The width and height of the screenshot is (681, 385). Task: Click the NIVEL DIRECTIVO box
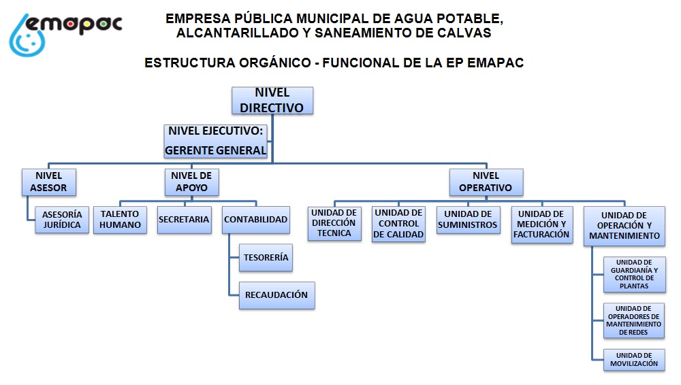pos(272,100)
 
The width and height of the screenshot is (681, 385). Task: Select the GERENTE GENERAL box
pos(217,141)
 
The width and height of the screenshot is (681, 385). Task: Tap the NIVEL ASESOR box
pos(48,181)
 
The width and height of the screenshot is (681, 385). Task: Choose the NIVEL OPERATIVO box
pos(486,181)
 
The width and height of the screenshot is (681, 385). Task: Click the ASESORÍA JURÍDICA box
pos(61,219)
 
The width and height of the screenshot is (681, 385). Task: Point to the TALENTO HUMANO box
pos(120,219)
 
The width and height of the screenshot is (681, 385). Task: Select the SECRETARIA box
pos(183,220)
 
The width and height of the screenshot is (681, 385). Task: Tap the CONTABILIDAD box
pos(256,220)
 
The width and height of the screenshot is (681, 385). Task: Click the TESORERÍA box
pos(266,258)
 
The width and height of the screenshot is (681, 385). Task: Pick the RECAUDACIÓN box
pos(276,295)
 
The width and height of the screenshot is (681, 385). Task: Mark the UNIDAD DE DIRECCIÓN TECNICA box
pos(334,223)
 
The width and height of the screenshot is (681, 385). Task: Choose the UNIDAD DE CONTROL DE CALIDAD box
pos(398,224)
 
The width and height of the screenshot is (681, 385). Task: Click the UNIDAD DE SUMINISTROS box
pos(468,220)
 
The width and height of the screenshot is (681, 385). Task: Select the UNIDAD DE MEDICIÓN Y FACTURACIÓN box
pos(542,224)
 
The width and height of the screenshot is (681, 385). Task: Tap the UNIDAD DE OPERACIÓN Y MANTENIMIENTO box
pos(624,226)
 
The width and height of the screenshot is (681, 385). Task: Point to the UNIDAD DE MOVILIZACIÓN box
pos(634,359)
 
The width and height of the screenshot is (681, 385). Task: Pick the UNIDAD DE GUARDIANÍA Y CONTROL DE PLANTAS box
pos(635,274)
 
